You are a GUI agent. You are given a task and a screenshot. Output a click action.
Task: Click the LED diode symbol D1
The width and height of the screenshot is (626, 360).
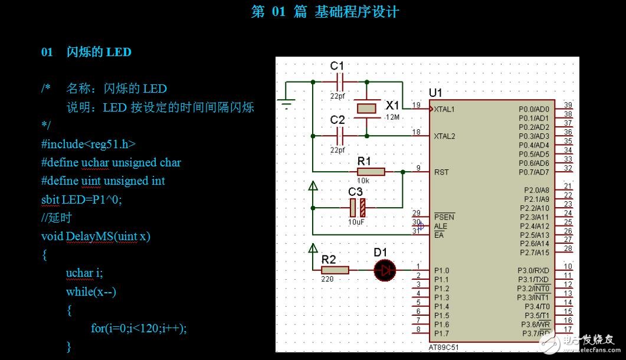pos(385,270)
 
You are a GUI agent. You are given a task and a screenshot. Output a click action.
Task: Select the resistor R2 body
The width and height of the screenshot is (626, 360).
pos(335,270)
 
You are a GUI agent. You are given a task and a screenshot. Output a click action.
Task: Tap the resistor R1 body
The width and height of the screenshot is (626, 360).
pos(371,172)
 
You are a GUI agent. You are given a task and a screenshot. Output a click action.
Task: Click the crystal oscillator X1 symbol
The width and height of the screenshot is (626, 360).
pos(366,108)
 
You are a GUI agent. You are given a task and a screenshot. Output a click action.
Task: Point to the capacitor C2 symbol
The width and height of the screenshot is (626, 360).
pos(338,136)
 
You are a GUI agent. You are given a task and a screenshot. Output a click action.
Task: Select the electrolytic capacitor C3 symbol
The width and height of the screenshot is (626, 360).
pos(358,208)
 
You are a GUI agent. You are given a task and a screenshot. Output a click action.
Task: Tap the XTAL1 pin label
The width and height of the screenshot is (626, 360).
pos(444,109)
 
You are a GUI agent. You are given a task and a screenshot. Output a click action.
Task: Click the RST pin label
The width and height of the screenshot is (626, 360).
pos(441,172)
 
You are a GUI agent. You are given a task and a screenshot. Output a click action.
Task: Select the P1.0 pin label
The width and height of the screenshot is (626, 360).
pos(441,270)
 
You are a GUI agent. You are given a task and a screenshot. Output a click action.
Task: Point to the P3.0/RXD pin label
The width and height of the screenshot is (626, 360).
pos(533,270)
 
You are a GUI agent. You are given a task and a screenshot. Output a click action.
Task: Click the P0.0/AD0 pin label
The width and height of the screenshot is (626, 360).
pos(533,109)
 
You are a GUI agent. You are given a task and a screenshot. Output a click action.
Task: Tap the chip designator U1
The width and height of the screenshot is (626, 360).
pos(435,93)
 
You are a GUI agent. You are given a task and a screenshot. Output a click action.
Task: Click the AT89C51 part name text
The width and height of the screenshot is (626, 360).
pos(443,348)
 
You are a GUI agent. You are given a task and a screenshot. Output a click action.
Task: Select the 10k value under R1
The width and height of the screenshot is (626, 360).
pos(363,181)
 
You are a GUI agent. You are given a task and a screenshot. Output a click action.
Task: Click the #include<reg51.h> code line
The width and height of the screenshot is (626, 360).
pos(89,144)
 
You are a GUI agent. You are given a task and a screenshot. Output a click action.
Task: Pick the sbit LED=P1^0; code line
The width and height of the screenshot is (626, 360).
pos(81,199)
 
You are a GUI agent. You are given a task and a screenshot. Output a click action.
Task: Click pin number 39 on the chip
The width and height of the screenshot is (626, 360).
pos(568,104)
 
